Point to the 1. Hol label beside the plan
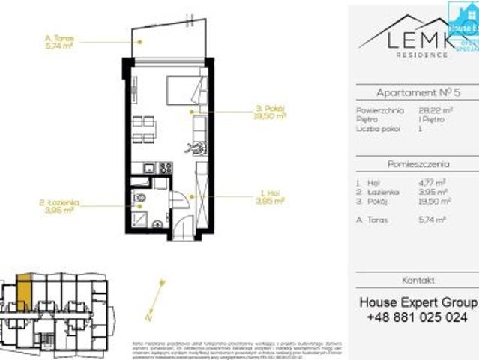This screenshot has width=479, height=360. click(x=270, y=197)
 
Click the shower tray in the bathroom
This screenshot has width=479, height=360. click(x=140, y=220)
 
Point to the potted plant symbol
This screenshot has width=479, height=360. click(x=198, y=146)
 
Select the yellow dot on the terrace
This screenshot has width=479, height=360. click(x=139, y=42)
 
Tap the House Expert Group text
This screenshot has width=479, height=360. click(x=418, y=302)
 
